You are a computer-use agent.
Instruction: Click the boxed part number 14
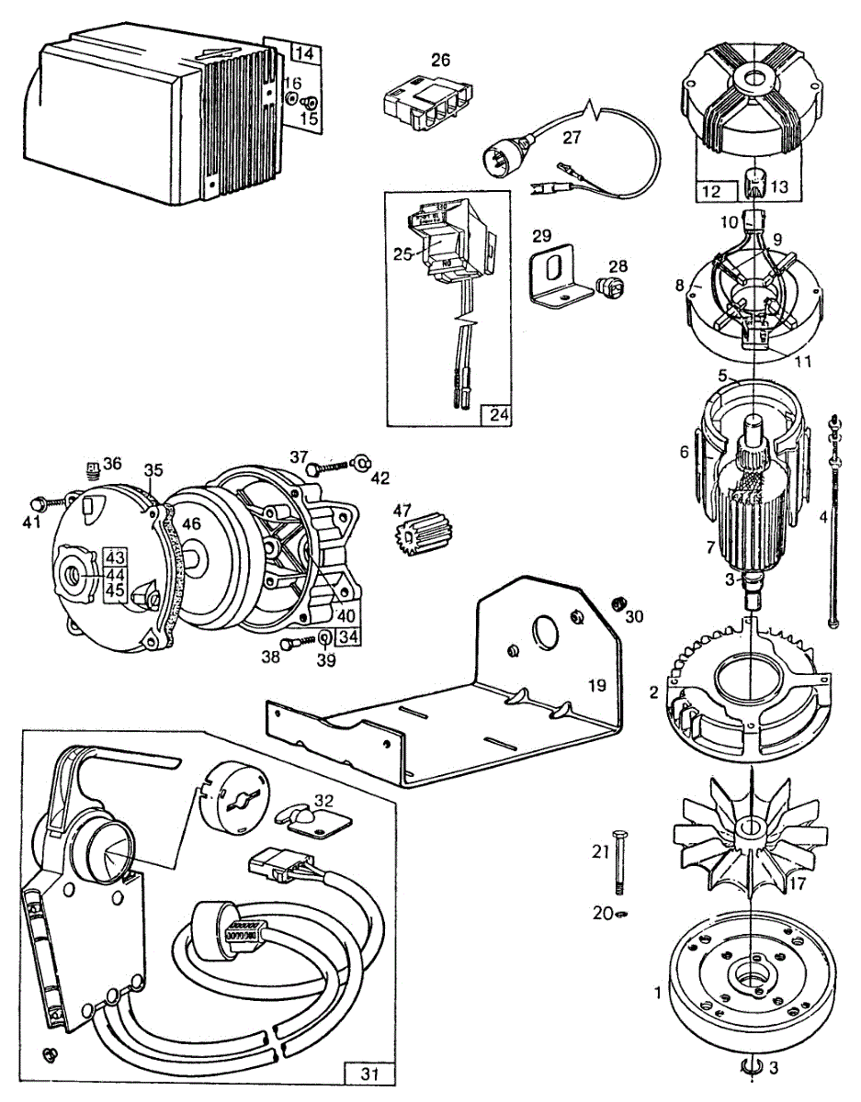click(304, 54)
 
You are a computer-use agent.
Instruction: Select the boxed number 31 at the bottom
click(368, 1073)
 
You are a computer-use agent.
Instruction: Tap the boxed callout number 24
click(497, 414)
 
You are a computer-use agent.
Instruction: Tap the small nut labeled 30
click(618, 602)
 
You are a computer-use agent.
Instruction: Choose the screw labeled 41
click(40, 503)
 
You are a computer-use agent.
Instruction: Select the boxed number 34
click(347, 635)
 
